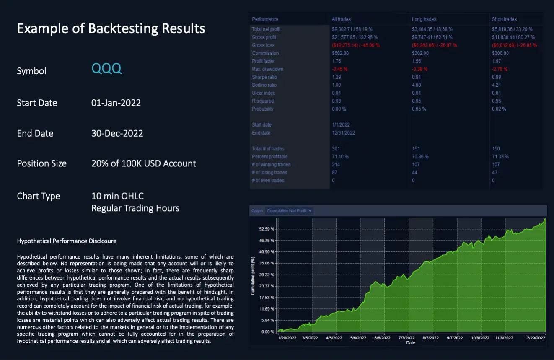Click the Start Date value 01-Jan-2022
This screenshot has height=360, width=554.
coord(116,103)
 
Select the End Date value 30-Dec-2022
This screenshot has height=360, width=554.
coord(117,133)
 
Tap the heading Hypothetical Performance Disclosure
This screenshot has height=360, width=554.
coord(67,241)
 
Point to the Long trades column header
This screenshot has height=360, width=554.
coord(424,19)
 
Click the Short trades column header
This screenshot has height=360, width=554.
coord(504,19)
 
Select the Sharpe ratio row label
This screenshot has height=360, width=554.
coord(264,77)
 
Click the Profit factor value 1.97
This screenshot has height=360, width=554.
coord(496,61)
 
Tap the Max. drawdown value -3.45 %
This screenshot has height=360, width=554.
coord(339,69)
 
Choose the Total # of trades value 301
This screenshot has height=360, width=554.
coord(336,149)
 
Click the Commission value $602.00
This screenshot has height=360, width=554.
coord(340,53)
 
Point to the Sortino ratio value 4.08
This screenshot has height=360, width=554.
coord(416,85)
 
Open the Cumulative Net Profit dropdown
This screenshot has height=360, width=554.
coord(290,211)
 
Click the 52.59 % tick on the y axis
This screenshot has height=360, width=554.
coord(267,229)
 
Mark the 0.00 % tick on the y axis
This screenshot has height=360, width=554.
coord(268,332)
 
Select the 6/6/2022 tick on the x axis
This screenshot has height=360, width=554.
coord(382,338)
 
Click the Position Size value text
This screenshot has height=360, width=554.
coord(143,163)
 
